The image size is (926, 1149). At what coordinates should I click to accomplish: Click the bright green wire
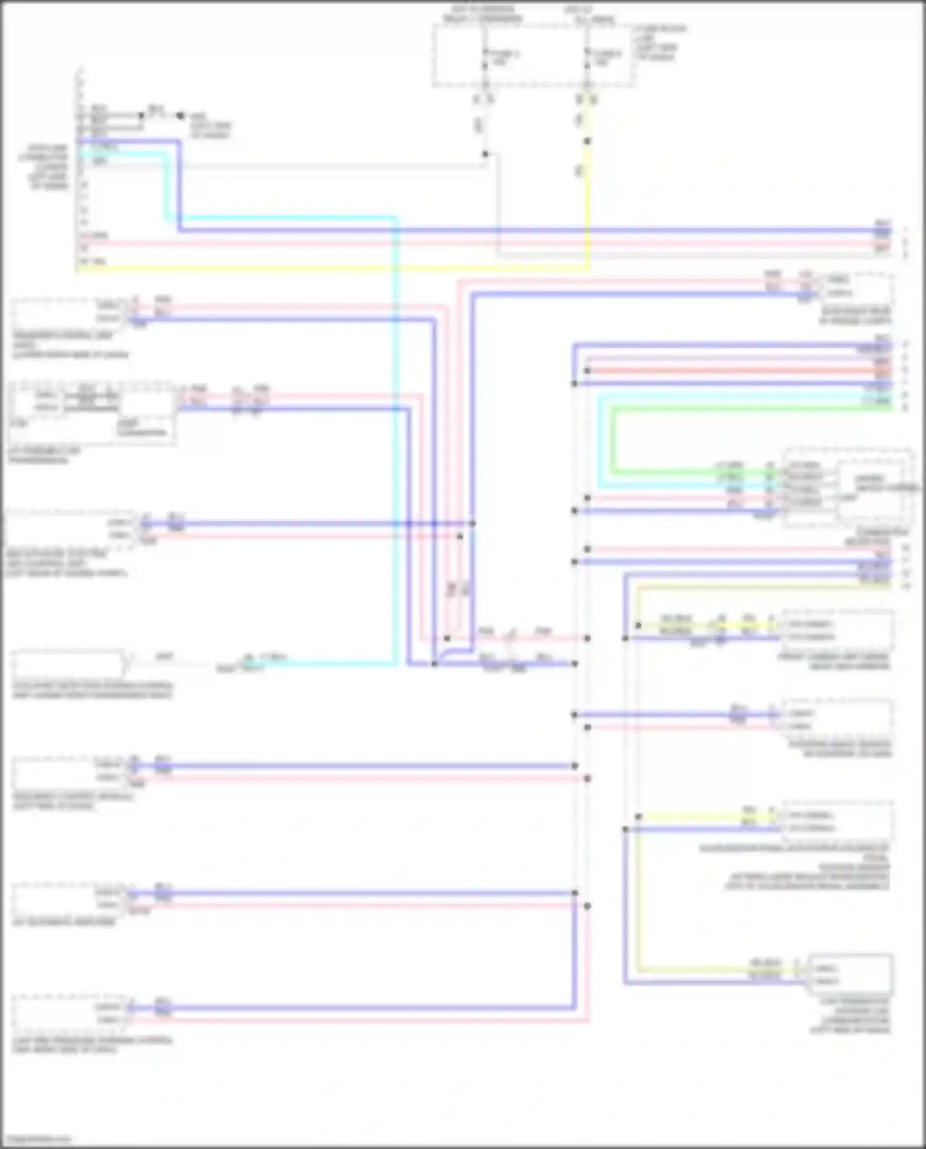coord(741,408)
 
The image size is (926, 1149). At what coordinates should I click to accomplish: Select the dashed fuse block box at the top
coord(534,56)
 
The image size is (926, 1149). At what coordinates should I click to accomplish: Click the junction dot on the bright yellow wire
coord(587,141)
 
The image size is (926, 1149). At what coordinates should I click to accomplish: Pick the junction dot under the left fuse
coord(485,154)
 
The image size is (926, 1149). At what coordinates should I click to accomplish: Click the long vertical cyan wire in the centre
coord(396,432)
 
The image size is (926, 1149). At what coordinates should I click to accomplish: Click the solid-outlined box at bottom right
coord(850,974)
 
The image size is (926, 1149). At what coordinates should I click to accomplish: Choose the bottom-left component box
coord(68,1013)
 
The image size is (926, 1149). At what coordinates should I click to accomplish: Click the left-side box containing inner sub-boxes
coord(93,412)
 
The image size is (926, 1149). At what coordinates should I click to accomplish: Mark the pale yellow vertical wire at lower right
coord(637,895)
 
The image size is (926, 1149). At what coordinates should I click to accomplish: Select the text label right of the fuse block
coord(661,43)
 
